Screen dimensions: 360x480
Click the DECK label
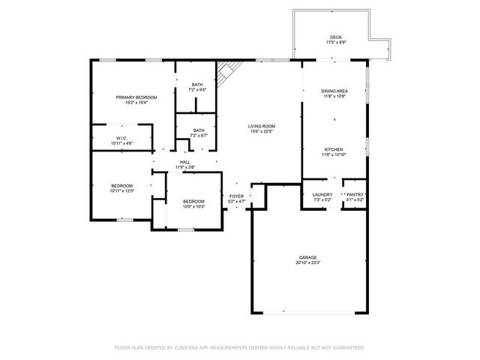coord(335,37)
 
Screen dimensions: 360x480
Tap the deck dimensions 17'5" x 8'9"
coord(335,43)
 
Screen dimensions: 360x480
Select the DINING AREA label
coord(334,91)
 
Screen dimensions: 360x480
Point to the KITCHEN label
coord(334,149)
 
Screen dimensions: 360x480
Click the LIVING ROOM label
coord(262,126)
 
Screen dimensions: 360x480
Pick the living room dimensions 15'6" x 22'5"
coord(262,131)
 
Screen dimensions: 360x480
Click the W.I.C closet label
coord(121,137)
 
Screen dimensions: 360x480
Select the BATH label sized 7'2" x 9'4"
coord(197,85)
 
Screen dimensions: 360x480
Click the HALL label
coord(184,161)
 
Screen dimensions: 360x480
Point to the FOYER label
coord(236,196)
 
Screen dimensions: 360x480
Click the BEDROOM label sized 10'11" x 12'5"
coord(122,185)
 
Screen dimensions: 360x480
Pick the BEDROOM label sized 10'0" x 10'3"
coord(193,201)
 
